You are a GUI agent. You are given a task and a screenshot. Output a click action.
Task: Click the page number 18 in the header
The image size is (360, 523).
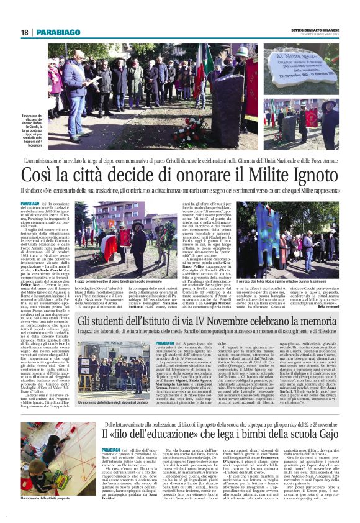pos(24,32)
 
